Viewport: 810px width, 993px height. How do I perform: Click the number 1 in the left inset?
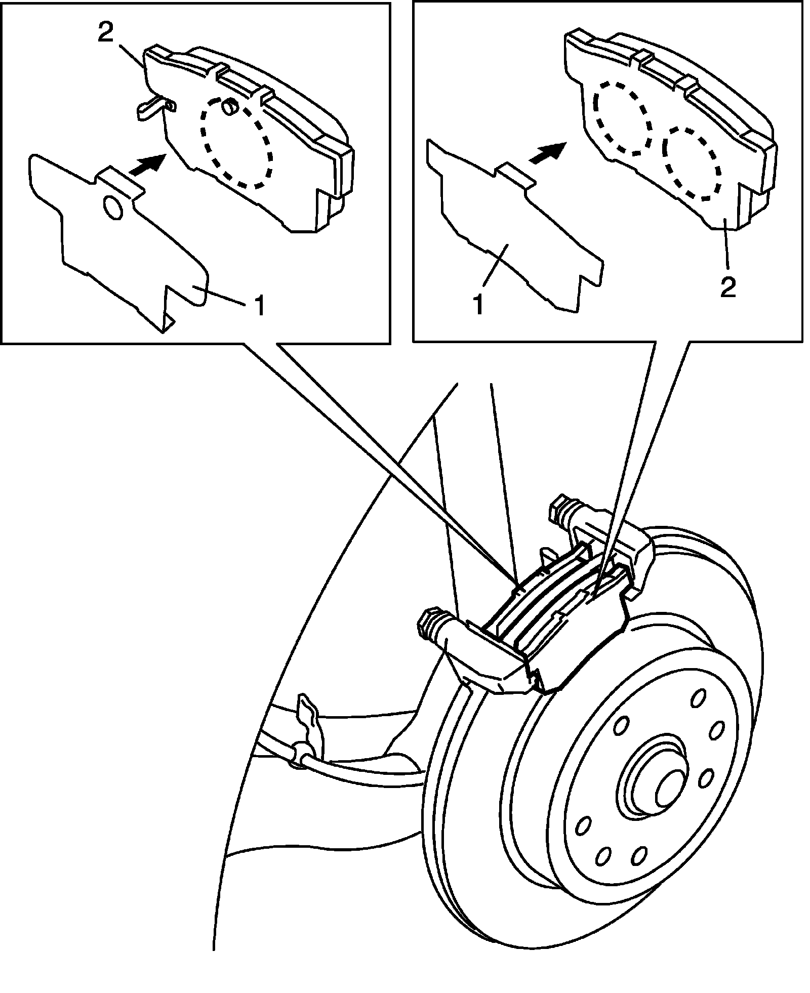(x=259, y=307)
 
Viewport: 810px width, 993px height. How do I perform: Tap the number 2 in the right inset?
(x=727, y=286)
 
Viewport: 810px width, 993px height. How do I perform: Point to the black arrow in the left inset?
(x=146, y=164)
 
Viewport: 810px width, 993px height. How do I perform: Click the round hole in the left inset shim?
(x=112, y=208)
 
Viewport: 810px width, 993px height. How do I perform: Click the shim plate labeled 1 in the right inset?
(x=511, y=238)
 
